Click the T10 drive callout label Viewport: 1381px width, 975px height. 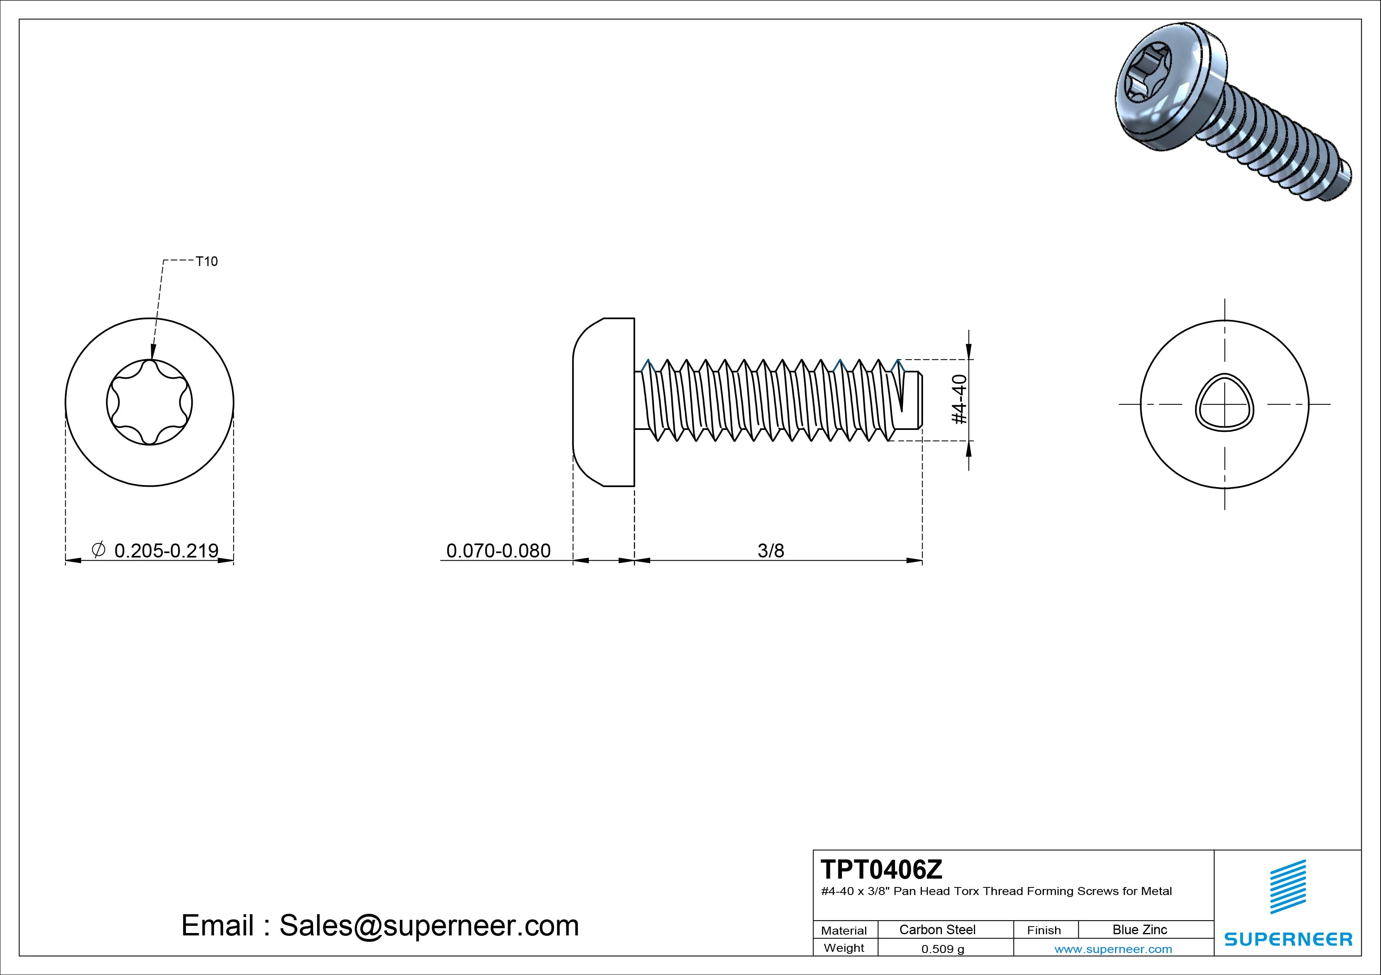(x=206, y=261)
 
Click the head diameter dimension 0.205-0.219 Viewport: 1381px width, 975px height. (x=166, y=550)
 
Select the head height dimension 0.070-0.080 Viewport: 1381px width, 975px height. (x=498, y=550)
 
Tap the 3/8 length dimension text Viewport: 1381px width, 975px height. (x=771, y=550)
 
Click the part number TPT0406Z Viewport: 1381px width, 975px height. (x=881, y=870)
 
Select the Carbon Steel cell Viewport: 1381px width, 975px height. (x=937, y=929)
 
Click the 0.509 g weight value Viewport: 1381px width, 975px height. (x=943, y=949)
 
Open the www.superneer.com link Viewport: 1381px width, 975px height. (x=1113, y=949)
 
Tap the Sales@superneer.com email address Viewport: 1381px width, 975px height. (x=429, y=925)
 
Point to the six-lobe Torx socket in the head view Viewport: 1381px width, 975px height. (x=149, y=402)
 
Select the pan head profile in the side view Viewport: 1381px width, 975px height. (x=603, y=402)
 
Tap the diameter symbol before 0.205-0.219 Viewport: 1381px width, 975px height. (x=99, y=549)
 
